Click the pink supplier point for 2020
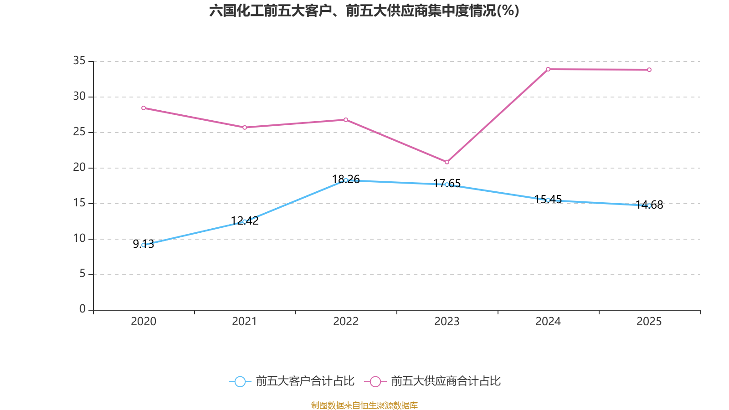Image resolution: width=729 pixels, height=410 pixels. [x=144, y=108]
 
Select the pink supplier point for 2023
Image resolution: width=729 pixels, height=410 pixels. [x=447, y=162]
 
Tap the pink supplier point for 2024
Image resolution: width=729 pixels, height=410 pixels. [x=548, y=69]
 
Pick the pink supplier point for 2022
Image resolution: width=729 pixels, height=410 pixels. [x=346, y=120]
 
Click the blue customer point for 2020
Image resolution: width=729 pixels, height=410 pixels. [x=144, y=245]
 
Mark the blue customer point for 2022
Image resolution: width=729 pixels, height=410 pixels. [x=346, y=180]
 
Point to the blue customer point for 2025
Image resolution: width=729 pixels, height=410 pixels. [x=649, y=205]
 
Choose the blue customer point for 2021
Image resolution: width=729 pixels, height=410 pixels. [x=245, y=221]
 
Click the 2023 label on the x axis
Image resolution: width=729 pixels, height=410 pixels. [x=447, y=322]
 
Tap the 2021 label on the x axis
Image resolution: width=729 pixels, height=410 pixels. [x=245, y=322]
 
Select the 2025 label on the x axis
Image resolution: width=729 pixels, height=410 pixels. [x=649, y=322]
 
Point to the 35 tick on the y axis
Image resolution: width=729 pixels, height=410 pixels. [x=79, y=61]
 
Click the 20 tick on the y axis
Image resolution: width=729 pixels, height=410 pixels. [x=79, y=167]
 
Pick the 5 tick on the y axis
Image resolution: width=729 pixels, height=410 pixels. [x=82, y=274]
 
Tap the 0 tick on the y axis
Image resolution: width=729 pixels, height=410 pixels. [x=82, y=309]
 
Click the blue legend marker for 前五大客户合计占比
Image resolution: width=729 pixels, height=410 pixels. [x=240, y=381]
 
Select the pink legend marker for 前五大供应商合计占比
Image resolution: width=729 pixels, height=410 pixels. [x=375, y=381]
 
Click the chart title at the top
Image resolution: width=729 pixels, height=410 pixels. [x=364, y=11]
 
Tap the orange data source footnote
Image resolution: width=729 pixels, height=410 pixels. [x=364, y=405]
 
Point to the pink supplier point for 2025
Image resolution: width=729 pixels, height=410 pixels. [x=649, y=70]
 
